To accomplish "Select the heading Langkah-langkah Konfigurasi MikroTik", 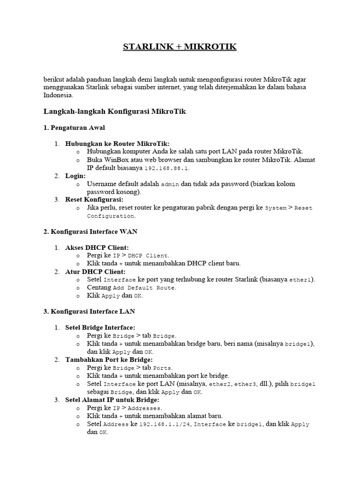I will pyautogui.click(x=115, y=112).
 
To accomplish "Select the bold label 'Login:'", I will pyautogui.click(x=75, y=175).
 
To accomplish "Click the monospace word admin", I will pyautogui.click(x=170, y=184).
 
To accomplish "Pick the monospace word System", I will pyautogui.click(x=276, y=208).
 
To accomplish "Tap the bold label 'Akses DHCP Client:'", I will pyautogui.click(x=97, y=247).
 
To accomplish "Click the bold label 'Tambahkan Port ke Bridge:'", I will pyautogui.click(x=109, y=359).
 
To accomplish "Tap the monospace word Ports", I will pyautogui.click(x=162, y=367).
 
